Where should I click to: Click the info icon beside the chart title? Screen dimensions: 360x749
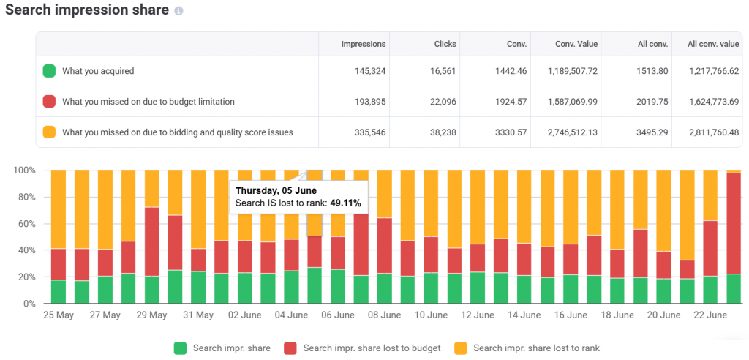coord(179,12)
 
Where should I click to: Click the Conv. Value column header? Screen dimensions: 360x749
coord(576,44)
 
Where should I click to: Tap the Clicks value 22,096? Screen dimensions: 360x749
coord(441,102)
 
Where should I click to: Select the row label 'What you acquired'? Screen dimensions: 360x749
coord(98,71)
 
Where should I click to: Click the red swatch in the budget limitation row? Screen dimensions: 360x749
coord(49,102)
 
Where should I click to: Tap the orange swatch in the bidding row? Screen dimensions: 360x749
coord(49,132)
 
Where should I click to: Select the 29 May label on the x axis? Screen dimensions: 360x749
coord(152,315)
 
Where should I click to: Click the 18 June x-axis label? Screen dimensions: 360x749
coord(617,315)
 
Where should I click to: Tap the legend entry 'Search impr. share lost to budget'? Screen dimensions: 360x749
coord(371,348)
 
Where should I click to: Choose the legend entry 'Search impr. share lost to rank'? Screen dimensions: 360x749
coord(536,348)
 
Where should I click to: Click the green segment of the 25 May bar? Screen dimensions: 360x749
coord(58,291)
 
